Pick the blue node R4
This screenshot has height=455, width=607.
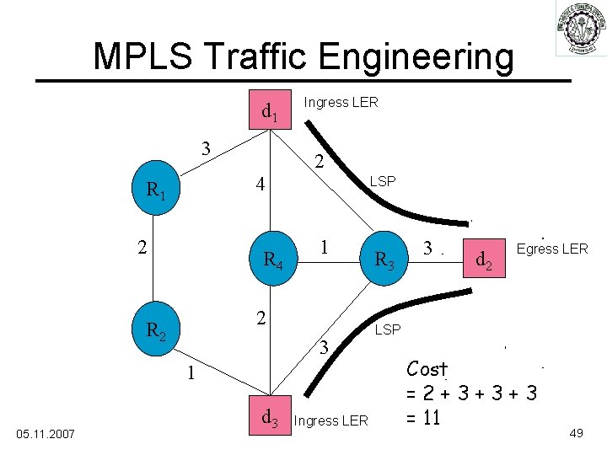(x=271, y=260)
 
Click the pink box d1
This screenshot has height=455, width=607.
(x=271, y=110)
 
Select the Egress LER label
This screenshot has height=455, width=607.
(x=552, y=249)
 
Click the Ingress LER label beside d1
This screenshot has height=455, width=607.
(x=341, y=103)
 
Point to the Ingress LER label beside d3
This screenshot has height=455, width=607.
(x=331, y=420)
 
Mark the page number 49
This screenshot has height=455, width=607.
(x=577, y=432)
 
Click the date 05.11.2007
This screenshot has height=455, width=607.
(x=46, y=433)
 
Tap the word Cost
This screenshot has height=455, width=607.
(x=427, y=369)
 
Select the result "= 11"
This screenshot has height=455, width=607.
(x=424, y=417)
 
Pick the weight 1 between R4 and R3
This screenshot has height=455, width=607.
(x=324, y=247)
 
